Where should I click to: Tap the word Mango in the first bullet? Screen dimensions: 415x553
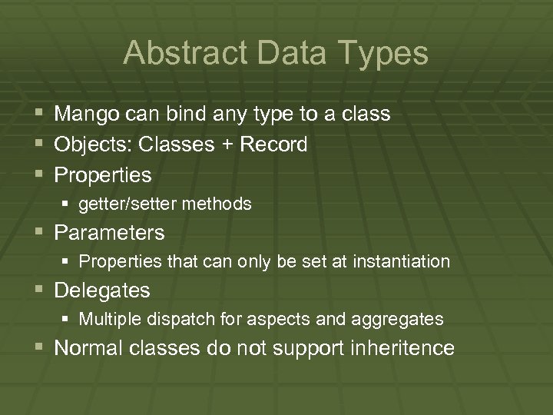coord(86,115)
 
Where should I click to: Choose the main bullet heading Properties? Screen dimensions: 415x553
coord(103,175)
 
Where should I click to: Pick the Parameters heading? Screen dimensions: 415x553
coord(109,232)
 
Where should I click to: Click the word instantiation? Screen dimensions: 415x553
coord(401,261)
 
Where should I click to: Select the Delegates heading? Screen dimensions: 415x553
coord(102,290)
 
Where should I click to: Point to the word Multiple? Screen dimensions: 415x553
coord(107,318)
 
